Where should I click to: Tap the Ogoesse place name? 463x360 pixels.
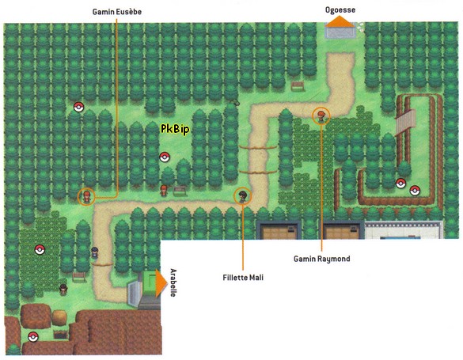click(340, 9)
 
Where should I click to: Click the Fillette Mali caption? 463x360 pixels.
click(243, 278)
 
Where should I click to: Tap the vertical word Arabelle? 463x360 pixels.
click(173, 282)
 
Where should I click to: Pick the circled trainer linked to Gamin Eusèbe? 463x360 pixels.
click(86, 195)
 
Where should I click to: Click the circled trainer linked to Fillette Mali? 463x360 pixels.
click(242, 195)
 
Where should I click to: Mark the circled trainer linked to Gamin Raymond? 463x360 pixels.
click(321, 116)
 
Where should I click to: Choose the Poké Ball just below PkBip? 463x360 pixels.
click(165, 157)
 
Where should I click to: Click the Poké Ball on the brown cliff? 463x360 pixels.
click(32, 337)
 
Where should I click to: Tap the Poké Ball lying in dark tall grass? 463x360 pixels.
click(39, 250)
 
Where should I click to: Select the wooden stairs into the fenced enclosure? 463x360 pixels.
click(406, 119)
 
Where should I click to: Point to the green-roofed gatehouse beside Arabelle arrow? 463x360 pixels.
click(147, 286)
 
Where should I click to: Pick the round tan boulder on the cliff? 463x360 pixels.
click(60, 316)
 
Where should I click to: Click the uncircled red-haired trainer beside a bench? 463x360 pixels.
click(164, 189)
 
